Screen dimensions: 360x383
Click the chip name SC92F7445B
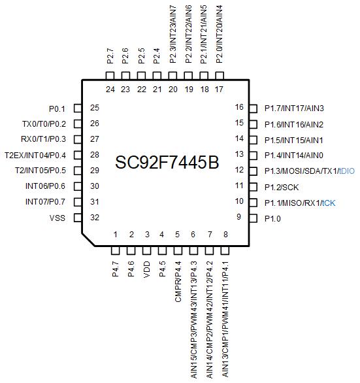click(x=167, y=163)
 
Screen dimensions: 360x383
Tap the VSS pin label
click(x=57, y=218)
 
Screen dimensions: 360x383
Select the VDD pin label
click(x=147, y=269)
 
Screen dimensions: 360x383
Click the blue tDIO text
click(x=347, y=171)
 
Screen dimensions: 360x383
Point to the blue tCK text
click(x=329, y=203)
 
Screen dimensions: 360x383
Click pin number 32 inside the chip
click(x=95, y=217)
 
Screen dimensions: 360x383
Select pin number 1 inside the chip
click(x=115, y=235)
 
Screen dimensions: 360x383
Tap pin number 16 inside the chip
click(x=239, y=107)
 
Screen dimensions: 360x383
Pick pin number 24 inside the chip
click(x=110, y=90)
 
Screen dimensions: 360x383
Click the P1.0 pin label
click(x=272, y=218)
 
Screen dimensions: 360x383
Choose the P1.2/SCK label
click(x=282, y=188)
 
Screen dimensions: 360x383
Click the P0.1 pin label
click(x=57, y=108)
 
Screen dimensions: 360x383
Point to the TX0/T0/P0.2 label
click(x=44, y=124)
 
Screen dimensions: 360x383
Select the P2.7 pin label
click(x=110, y=56)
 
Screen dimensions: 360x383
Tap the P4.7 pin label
click(x=115, y=269)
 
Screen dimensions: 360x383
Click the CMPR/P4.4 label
click(x=178, y=282)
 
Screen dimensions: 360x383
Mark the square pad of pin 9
click(x=254, y=218)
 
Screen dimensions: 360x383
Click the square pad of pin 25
click(x=78, y=108)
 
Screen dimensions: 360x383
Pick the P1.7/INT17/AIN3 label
click(x=294, y=108)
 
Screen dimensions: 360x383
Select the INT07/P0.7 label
click(x=46, y=202)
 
